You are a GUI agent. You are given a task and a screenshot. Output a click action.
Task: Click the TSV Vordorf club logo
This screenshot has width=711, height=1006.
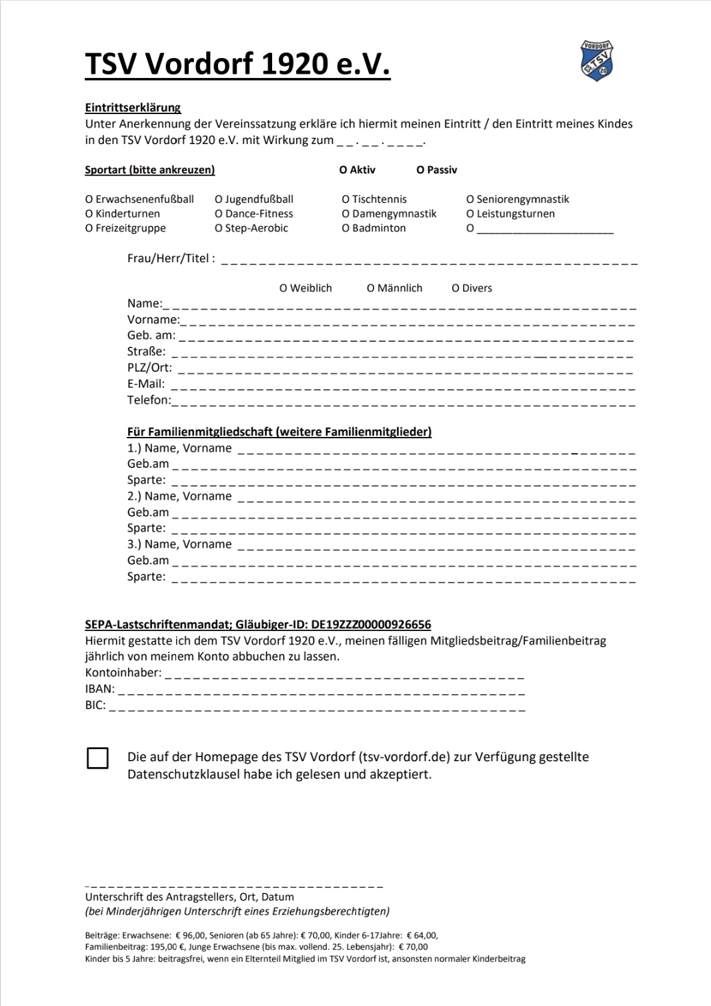tap(597, 61)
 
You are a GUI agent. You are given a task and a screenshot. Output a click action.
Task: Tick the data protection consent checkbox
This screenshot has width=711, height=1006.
tap(97, 759)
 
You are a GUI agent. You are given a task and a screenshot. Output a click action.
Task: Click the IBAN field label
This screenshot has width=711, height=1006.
tap(99, 689)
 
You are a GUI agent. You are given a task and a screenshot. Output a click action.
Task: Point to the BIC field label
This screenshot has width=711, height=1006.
tap(95, 705)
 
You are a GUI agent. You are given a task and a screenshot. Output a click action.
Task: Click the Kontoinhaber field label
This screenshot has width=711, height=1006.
tap(123, 673)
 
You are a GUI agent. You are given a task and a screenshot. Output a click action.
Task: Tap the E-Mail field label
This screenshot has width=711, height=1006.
tap(146, 384)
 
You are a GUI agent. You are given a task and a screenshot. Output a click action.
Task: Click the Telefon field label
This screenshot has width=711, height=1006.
tap(149, 400)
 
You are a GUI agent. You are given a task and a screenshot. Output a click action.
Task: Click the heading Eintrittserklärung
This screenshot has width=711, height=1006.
tap(133, 107)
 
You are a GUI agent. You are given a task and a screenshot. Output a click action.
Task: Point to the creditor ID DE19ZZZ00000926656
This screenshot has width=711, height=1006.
tap(371, 625)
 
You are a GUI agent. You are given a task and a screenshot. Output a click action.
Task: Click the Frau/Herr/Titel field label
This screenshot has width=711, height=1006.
tap(171, 259)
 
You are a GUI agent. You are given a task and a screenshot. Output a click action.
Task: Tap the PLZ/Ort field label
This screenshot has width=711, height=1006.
tap(149, 368)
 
